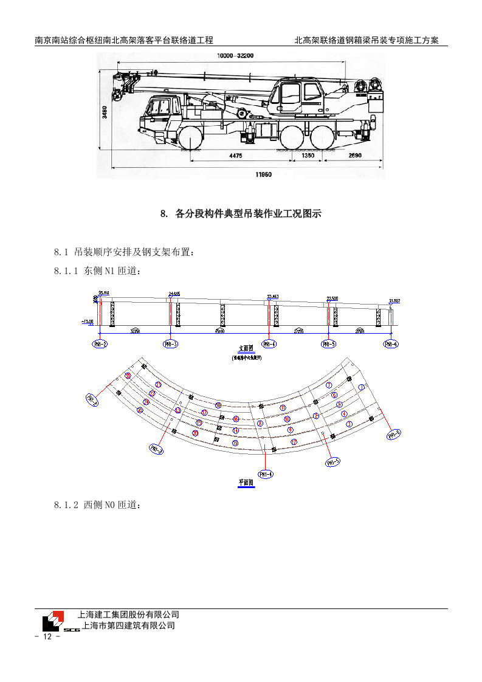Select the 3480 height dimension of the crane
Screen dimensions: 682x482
(105, 112)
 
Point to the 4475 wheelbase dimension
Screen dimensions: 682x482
(236, 156)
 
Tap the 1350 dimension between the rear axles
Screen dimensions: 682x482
(308, 156)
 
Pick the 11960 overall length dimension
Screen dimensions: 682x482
(263, 174)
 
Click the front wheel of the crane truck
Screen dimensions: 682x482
(191, 137)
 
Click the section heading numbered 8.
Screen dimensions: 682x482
(240, 214)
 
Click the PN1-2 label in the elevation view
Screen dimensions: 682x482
(100, 344)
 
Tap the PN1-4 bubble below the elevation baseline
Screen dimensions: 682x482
(268, 344)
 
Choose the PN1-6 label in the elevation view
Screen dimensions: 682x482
(391, 344)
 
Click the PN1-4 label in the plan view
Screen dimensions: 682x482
(266, 474)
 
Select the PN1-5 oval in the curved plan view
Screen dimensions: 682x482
(332, 463)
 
